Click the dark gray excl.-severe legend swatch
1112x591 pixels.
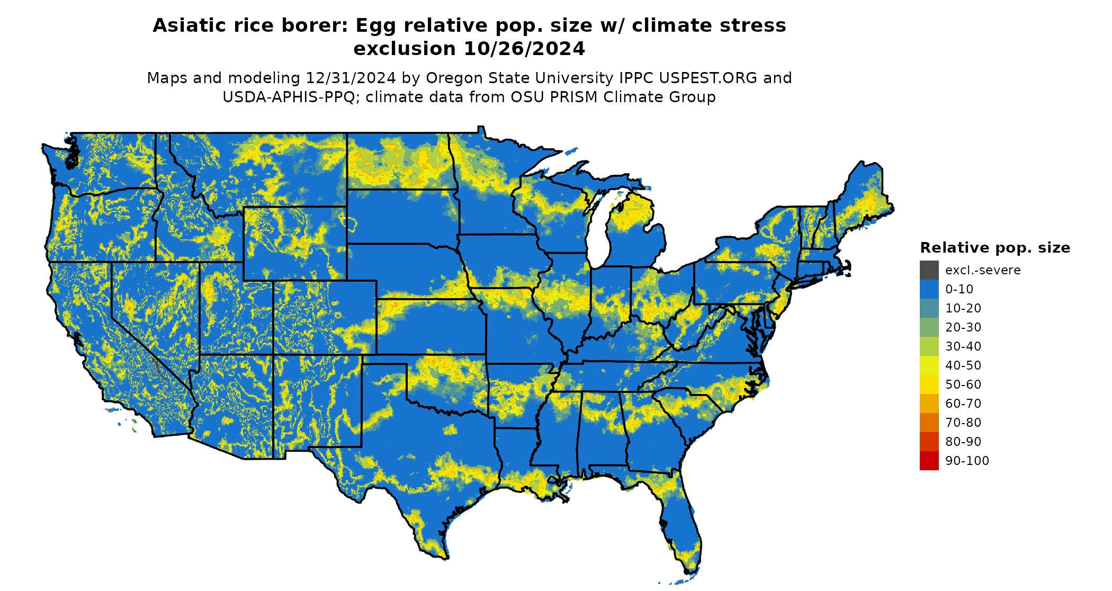[x=929, y=270]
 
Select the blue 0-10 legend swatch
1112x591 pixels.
[x=929, y=289]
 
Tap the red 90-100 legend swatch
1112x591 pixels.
[x=929, y=461]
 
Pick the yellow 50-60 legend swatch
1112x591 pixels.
[x=929, y=384]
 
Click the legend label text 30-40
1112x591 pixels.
[x=963, y=346]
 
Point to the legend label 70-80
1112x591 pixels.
[x=963, y=423]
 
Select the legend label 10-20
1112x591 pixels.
[x=963, y=308]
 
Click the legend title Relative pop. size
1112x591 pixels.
[x=994, y=248]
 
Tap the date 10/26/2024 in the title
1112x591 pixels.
[x=524, y=49]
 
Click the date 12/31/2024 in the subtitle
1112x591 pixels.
[x=351, y=78]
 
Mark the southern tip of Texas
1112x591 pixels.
[x=445, y=558]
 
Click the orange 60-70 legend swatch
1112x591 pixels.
[x=929, y=404]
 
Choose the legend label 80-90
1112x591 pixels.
[x=963, y=442]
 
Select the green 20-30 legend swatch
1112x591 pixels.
[x=929, y=327]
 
